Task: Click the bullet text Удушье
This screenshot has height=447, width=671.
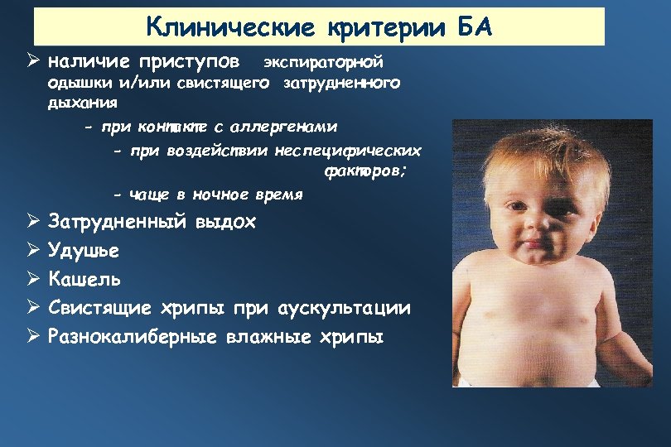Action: (84, 250)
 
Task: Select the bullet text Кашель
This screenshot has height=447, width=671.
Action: (84, 278)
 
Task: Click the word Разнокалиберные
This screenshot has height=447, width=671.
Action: (132, 336)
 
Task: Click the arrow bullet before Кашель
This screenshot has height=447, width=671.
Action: (33, 278)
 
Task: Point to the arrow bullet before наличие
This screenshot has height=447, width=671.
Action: (33, 62)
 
